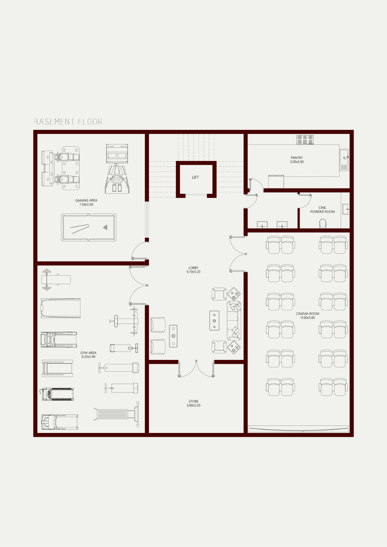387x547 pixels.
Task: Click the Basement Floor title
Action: pos(68,122)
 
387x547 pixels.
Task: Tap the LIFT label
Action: pos(195,178)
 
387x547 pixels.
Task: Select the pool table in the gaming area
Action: pos(89,228)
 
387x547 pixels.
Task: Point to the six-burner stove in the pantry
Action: pos(305,139)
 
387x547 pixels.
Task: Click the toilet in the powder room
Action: pos(323,223)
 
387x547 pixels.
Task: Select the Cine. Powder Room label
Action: pos(322,210)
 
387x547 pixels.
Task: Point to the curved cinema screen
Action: pos(298,429)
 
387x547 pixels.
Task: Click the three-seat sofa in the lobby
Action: pos(234,321)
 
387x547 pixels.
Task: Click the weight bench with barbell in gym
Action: pos(56,280)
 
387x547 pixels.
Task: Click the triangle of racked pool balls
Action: pos(105,227)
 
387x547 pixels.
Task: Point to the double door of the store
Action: pos(196,369)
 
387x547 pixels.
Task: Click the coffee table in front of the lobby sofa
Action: pos(214,321)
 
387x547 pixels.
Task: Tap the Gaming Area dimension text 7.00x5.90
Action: pos(86,205)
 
